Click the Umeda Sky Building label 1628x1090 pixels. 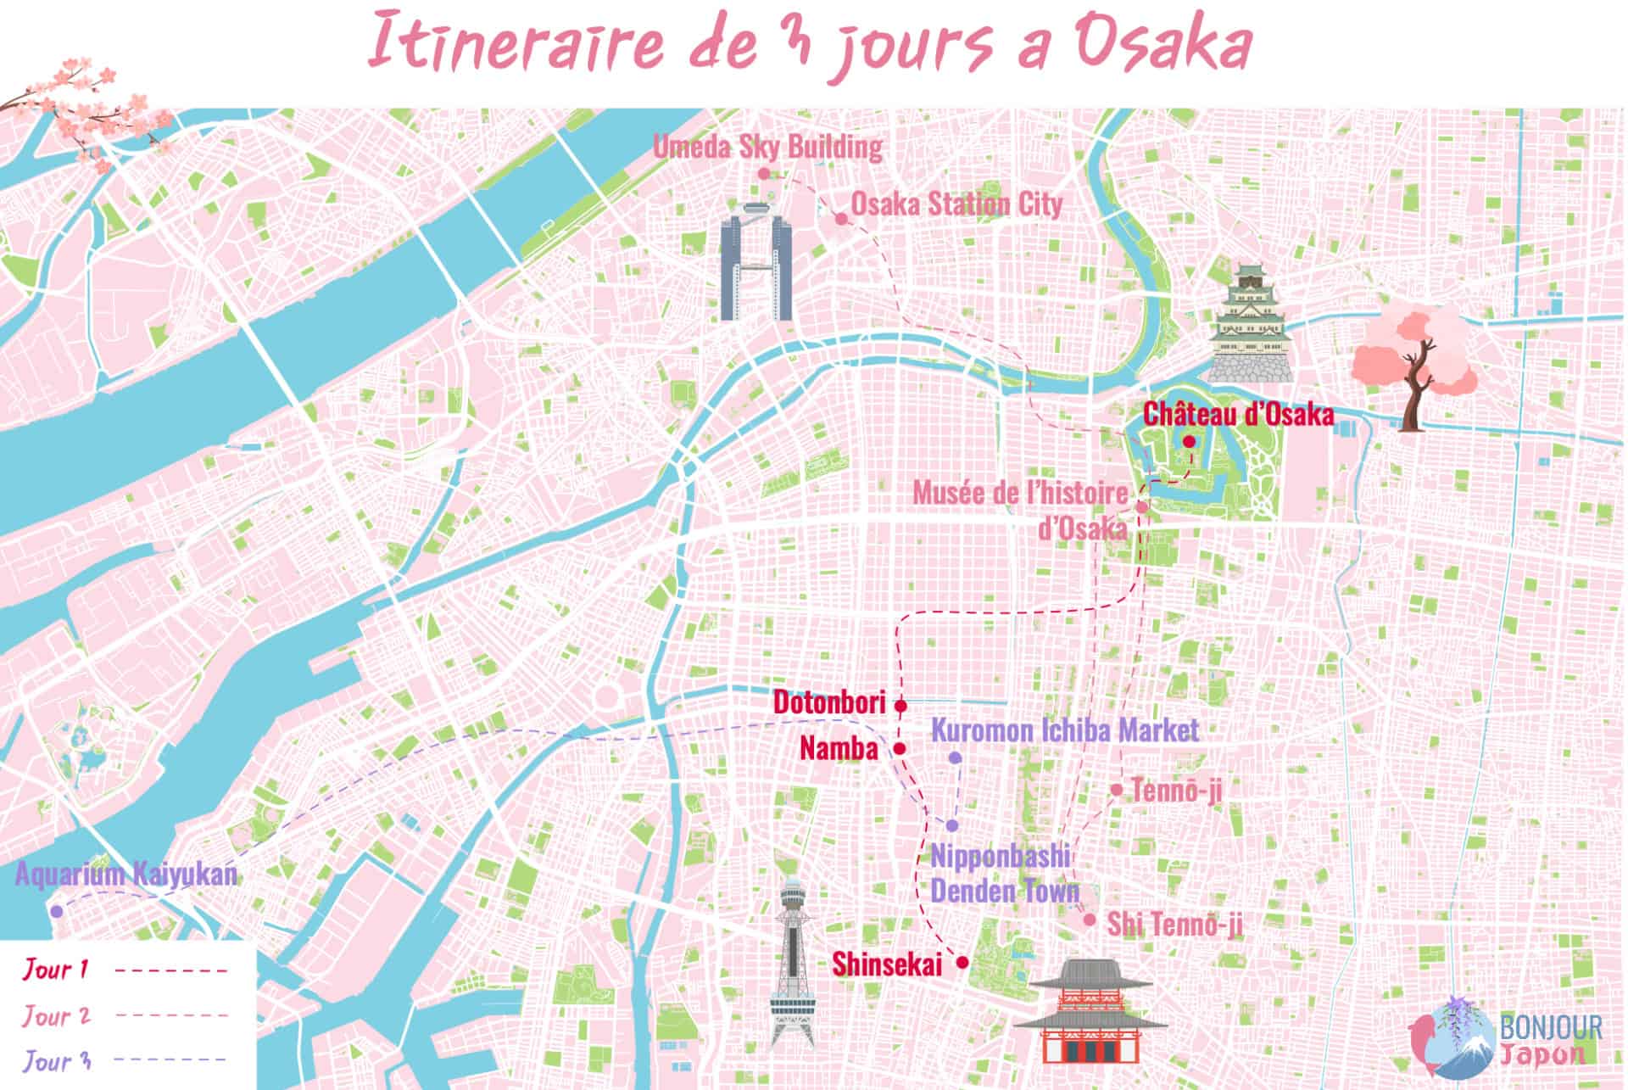point(767,148)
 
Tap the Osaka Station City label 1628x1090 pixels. point(956,204)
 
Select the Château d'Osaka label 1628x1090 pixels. point(1238,415)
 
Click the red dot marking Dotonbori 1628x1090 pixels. point(900,705)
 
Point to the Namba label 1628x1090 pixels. point(839,748)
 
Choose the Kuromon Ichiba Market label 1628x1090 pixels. point(1065,729)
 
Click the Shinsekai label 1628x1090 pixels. point(886,964)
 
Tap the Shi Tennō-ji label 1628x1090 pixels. point(1175,925)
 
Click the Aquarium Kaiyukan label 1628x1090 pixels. point(126,875)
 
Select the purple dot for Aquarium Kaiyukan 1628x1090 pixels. point(56,911)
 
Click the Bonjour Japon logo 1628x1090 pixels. point(1509,1039)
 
